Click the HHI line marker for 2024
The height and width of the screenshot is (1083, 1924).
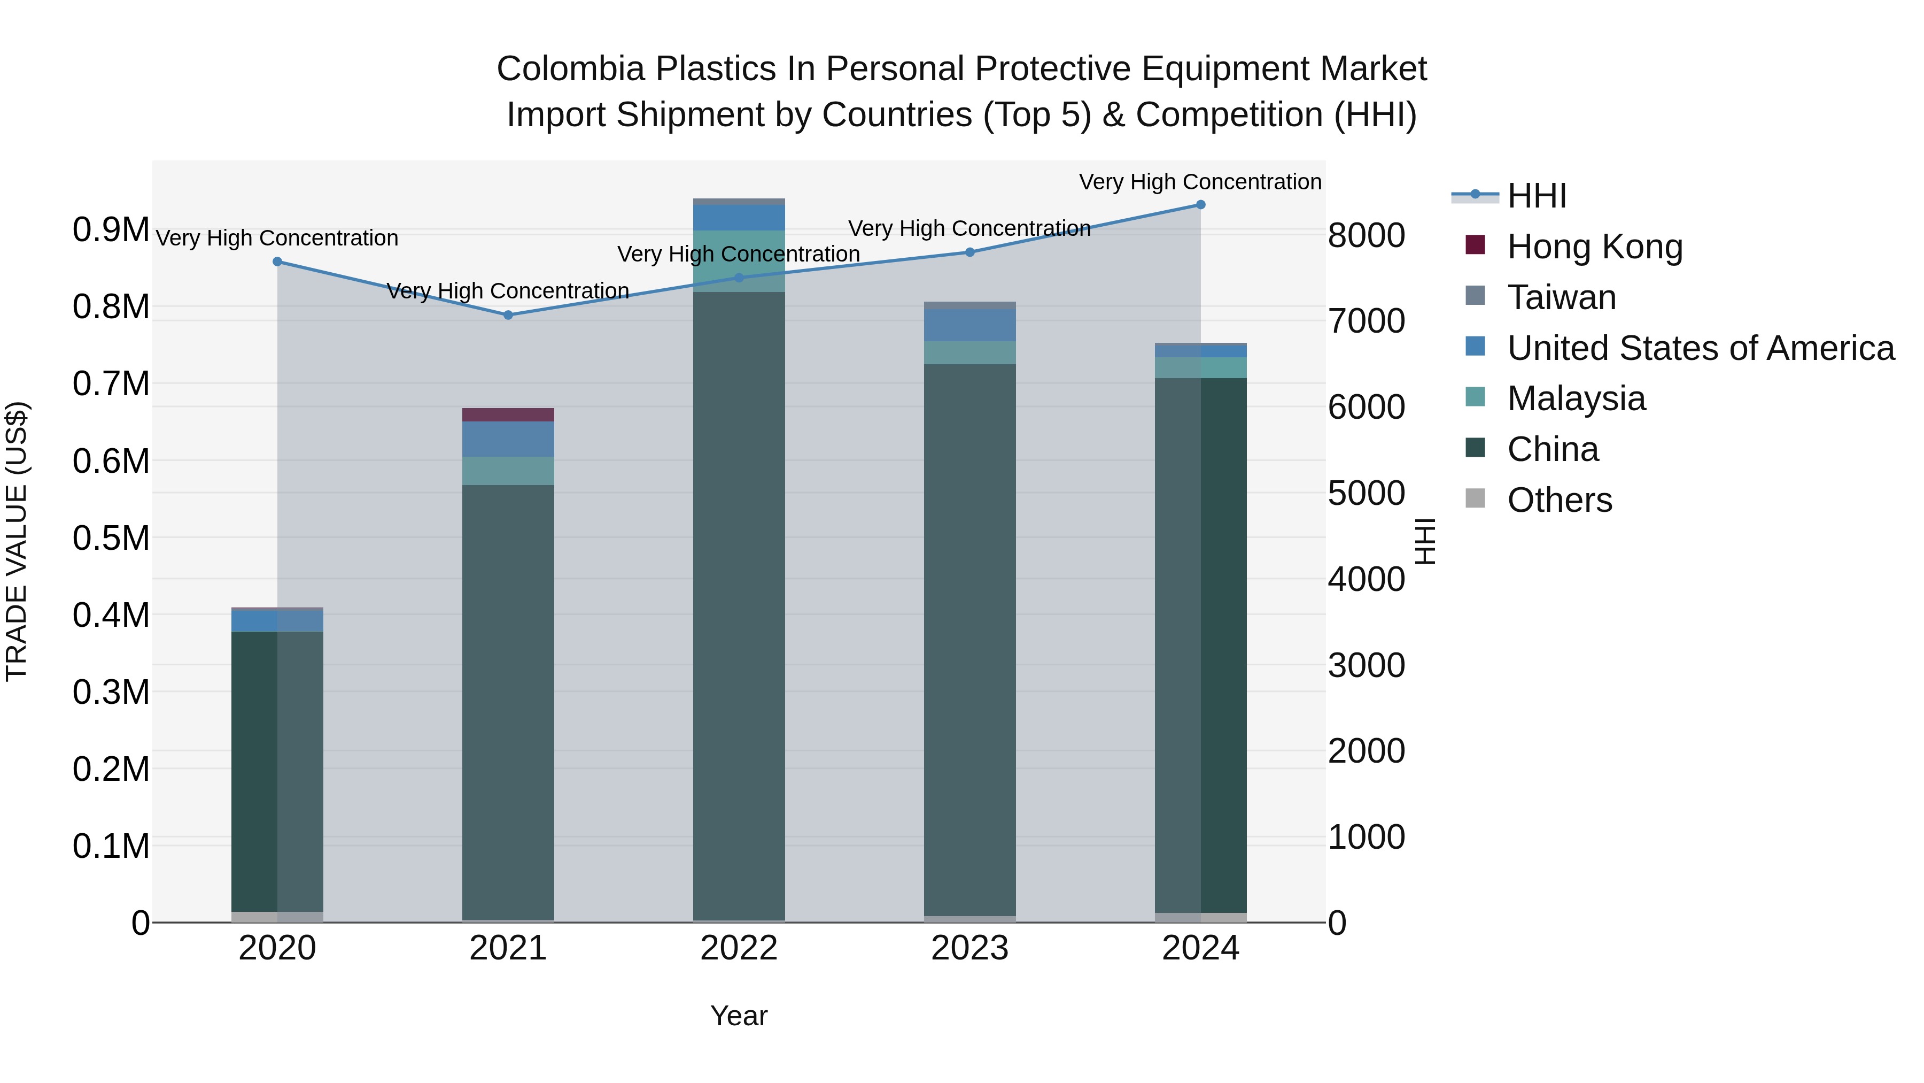[x=1200, y=205]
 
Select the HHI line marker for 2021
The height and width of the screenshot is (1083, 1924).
[x=508, y=314]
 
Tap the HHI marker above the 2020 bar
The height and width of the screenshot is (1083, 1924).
[x=277, y=262]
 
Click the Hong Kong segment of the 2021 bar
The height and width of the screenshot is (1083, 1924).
[x=508, y=415]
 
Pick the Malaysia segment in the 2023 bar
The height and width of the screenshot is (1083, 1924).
[x=969, y=353]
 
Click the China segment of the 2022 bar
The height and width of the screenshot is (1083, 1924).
[x=739, y=605]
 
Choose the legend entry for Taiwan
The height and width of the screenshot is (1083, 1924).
[x=1561, y=297]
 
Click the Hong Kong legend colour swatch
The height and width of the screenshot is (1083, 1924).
[x=1475, y=244]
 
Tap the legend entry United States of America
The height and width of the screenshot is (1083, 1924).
[x=1701, y=348]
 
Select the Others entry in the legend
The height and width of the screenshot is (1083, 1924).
[x=1560, y=500]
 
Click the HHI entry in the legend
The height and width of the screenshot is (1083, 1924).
[x=1537, y=196]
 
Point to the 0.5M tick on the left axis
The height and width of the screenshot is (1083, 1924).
[x=111, y=538]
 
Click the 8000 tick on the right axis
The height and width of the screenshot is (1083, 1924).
[x=1366, y=235]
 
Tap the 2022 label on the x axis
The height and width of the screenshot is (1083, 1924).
[x=739, y=948]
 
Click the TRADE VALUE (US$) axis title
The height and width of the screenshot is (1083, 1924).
[x=17, y=541]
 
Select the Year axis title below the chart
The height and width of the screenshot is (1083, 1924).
[x=739, y=1016]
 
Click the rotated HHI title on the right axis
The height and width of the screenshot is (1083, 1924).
[x=1425, y=541]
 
